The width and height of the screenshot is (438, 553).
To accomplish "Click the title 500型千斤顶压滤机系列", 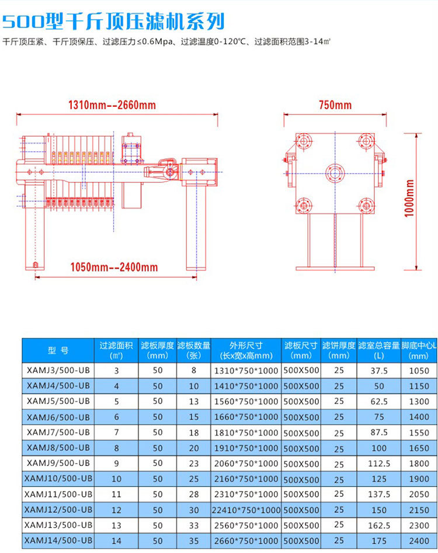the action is click(113, 22).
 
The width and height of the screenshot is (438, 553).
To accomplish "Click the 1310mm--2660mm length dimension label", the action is click(112, 105).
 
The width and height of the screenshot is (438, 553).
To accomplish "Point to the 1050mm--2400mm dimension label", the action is click(114, 267).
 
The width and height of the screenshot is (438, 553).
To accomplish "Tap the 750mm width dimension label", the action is click(335, 105).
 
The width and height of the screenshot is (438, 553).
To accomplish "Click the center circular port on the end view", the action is click(335, 173).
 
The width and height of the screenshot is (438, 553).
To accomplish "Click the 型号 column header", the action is click(58, 350).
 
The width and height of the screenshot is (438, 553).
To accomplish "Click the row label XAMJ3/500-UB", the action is click(58, 370).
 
